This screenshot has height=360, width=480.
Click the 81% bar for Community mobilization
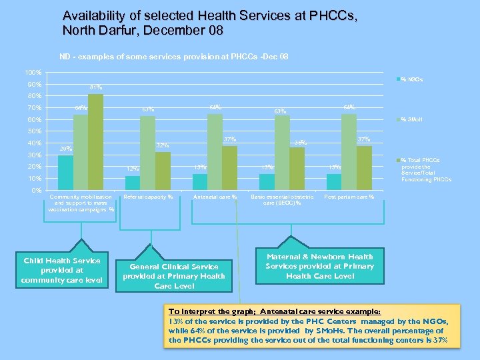[95, 142]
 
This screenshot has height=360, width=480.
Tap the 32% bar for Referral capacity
[163, 171]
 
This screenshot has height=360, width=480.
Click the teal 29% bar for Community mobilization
[65, 173]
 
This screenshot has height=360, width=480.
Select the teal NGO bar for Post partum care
[333, 182]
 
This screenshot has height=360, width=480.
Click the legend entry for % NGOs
[417, 80]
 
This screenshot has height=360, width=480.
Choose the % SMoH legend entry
[418, 120]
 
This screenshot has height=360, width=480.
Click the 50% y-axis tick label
[34, 131]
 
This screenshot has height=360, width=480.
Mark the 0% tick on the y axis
[37, 191]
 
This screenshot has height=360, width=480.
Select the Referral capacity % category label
[149, 197]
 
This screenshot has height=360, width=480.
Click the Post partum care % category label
[349, 197]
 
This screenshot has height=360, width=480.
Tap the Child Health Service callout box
[61, 270]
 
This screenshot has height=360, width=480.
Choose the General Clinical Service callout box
[173, 276]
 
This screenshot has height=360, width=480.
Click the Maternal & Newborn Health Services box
[319, 266]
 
